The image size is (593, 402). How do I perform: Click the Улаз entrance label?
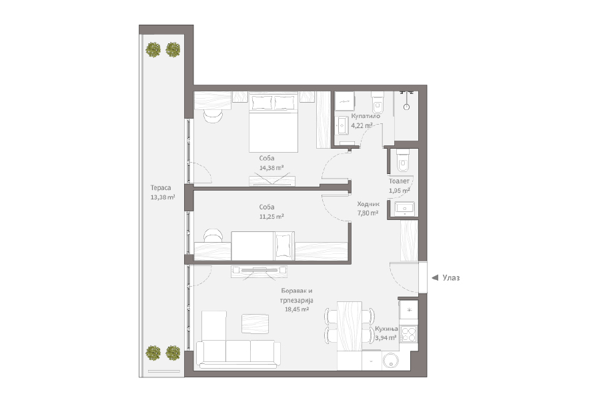pyautogui.click(x=451, y=278)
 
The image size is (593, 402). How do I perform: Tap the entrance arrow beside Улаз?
pyautogui.click(x=435, y=278)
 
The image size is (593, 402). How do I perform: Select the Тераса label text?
pyautogui.click(x=161, y=188)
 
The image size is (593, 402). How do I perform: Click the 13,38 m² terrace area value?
pyautogui.click(x=163, y=197)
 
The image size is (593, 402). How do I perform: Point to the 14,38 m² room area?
pyautogui.click(x=271, y=168)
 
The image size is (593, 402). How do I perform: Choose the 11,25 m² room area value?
pyautogui.click(x=271, y=217)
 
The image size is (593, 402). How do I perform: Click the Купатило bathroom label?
pyautogui.click(x=366, y=116)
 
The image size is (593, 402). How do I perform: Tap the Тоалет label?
pyautogui.click(x=399, y=181)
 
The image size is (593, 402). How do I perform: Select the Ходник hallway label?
pyautogui.click(x=368, y=204)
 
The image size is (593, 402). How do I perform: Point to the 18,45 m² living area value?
pyautogui.click(x=297, y=309)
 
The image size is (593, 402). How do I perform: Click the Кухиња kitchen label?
pyautogui.click(x=386, y=329)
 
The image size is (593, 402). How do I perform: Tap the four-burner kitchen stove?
pyautogui.click(x=409, y=334)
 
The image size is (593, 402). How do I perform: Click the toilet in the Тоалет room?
pyautogui.click(x=403, y=161)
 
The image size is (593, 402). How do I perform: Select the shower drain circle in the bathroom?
pyautogui.click(x=406, y=107)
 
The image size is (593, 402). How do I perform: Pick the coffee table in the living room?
pyautogui.click(x=255, y=324)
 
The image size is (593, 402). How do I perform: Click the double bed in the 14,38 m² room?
pyautogui.click(x=273, y=123)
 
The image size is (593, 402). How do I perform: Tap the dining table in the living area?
pyautogui.click(x=350, y=326)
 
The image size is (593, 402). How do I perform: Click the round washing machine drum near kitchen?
pyautogui.click(x=391, y=361)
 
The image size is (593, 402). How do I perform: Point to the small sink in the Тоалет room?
pyautogui.click(x=405, y=208)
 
